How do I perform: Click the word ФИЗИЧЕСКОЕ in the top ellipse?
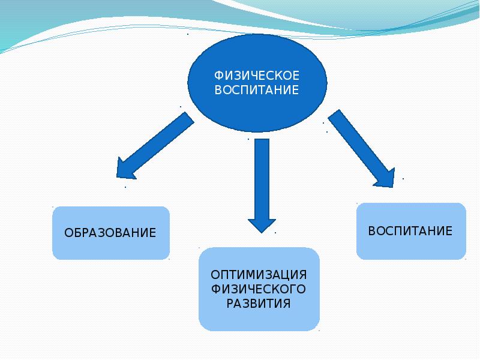257,76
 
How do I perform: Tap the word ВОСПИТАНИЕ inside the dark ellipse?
257,91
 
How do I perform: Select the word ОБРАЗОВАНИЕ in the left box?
110,232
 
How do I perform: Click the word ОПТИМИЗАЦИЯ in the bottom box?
259,274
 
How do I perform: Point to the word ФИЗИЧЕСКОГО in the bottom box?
259,289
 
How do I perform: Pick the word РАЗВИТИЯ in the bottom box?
259,304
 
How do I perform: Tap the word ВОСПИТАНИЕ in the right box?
410,230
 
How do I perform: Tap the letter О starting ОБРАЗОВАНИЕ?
68,232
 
